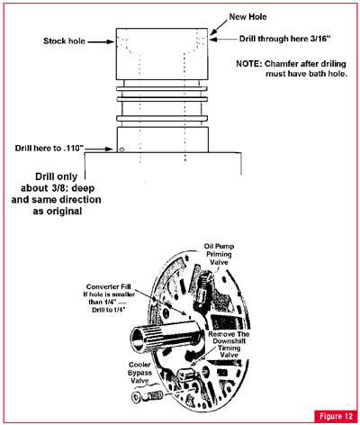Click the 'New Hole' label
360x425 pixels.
click(247, 17)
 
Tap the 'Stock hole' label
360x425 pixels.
click(64, 41)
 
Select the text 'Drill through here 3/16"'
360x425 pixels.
click(284, 39)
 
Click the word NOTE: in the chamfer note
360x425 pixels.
click(248, 64)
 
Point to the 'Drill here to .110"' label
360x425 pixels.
click(49, 149)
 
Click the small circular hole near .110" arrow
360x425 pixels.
click(121, 149)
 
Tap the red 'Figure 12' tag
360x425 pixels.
click(336, 416)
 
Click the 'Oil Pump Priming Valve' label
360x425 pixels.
click(219, 254)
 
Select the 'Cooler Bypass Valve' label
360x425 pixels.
click(139, 373)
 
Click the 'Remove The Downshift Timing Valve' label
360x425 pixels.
click(229, 345)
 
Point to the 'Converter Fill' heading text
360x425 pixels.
click(109, 287)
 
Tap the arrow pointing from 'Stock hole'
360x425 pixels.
click(101, 41)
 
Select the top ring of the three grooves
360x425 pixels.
click(162, 89)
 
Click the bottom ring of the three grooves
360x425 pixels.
click(162, 119)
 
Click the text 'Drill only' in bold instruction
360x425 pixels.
click(57, 176)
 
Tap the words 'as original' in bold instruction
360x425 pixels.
click(58, 211)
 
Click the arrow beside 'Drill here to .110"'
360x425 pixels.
click(98, 149)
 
